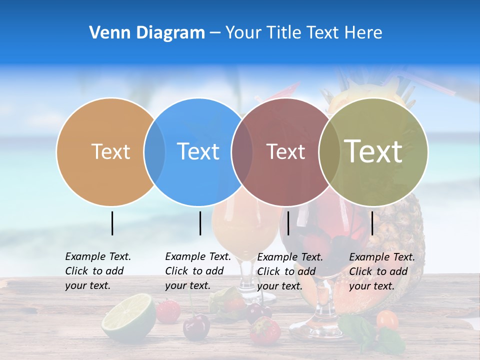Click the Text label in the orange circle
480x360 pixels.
click(x=111, y=151)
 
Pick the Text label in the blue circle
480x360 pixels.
click(x=198, y=151)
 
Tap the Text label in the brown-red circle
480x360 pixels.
click(x=285, y=151)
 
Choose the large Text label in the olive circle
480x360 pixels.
click(x=373, y=151)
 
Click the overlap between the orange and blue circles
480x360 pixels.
click(x=154, y=151)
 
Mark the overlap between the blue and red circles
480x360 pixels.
click(x=242, y=151)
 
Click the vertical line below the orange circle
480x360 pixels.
click(x=112, y=223)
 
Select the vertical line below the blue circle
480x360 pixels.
click(x=200, y=223)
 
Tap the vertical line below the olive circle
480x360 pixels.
click(x=372, y=223)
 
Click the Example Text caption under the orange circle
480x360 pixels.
click(x=97, y=271)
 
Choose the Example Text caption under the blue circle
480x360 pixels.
click(x=197, y=271)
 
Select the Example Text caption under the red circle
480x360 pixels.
click(x=289, y=271)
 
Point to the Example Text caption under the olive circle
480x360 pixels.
click(x=381, y=271)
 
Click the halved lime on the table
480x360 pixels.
click(x=128, y=318)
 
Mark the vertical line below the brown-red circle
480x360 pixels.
click(x=288, y=223)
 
